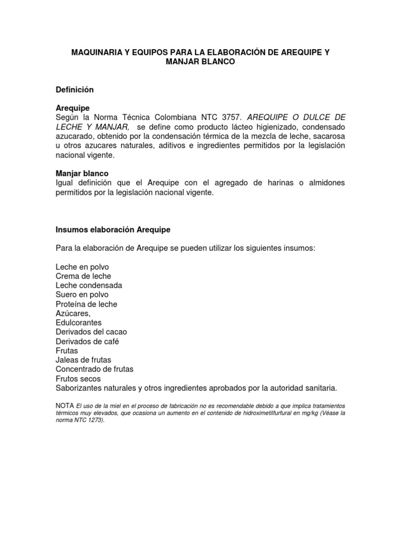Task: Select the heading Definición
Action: [x=75, y=89]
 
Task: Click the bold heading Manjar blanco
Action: [x=82, y=173]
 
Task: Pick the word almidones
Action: [x=322, y=183]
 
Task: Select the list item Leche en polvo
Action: [x=82, y=267]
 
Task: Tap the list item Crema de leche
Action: [x=83, y=276]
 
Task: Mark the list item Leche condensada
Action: [x=89, y=286]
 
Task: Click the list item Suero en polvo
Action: [x=82, y=295]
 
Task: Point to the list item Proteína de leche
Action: [x=86, y=304]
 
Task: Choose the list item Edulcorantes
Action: [x=78, y=323]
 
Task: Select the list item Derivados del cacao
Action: [x=91, y=332]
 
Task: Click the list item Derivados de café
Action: [x=87, y=342]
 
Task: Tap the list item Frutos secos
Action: [x=78, y=379]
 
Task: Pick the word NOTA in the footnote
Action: [x=65, y=406]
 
